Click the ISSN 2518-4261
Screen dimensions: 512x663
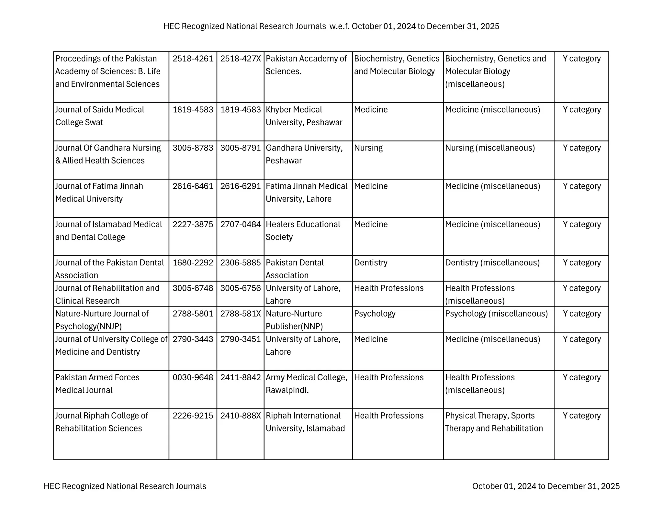[193, 59]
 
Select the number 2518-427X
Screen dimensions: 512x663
[241, 59]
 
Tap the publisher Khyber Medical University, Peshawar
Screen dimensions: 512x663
[304, 116]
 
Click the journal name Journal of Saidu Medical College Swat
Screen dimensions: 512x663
[100, 116]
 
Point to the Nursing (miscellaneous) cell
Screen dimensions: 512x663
[490, 148]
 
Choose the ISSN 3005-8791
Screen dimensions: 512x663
[241, 148]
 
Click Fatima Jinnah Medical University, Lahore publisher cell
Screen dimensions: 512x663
[306, 192]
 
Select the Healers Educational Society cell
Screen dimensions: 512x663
[303, 230]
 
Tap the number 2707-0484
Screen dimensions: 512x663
[241, 224]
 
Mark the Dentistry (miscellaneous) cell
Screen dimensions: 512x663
[492, 262]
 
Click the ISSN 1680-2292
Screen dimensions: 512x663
[193, 262]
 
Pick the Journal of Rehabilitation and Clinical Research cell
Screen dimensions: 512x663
[107, 294]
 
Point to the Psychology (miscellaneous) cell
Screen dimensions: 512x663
[496, 314]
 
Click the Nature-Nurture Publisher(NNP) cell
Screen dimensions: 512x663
[294, 320]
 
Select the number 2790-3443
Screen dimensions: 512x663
[193, 339]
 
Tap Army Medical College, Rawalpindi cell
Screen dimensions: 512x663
[306, 384]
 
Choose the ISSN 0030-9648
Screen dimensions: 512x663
[193, 377]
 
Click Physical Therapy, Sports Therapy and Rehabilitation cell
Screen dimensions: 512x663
[494, 422]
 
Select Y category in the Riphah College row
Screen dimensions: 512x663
[581, 416]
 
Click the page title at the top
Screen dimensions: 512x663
[331, 26]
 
